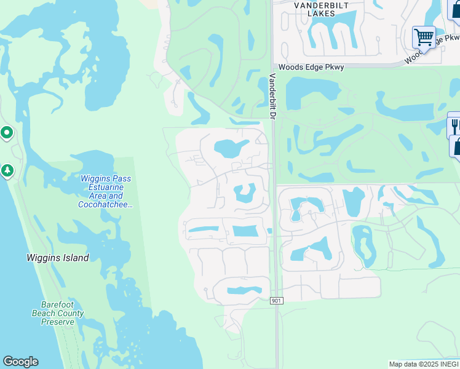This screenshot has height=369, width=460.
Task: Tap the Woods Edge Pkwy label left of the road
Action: pyautogui.click(x=303, y=67)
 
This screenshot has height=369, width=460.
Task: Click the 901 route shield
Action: pyautogui.click(x=277, y=300)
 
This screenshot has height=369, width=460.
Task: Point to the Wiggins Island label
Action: pyautogui.click(x=58, y=258)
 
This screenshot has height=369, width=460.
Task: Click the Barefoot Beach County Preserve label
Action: pyautogui.click(x=58, y=313)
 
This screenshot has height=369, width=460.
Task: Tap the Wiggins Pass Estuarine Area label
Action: pyautogui.click(x=105, y=191)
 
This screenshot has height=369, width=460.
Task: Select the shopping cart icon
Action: pyautogui.click(x=424, y=38)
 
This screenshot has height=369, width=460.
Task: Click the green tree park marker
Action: pyautogui.click(x=7, y=170)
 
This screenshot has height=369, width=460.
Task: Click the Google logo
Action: pyautogui.click(x=20, y=362)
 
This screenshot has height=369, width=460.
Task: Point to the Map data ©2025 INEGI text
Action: pyautogui.click(x=423, y=364)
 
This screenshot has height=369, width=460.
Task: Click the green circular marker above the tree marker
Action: pyautogui.click(x=7, y=132)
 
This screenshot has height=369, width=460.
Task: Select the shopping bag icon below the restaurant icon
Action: pyautogui.click(x=457, y=148)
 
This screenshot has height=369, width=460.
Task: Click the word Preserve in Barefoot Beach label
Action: pyautogui.click(x=58, y=321)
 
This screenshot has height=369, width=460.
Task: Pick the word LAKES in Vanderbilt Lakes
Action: pyautogui.click(x=323, y=13)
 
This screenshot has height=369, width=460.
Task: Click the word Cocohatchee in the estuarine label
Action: pyautogui.click(x=105, y=204)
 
